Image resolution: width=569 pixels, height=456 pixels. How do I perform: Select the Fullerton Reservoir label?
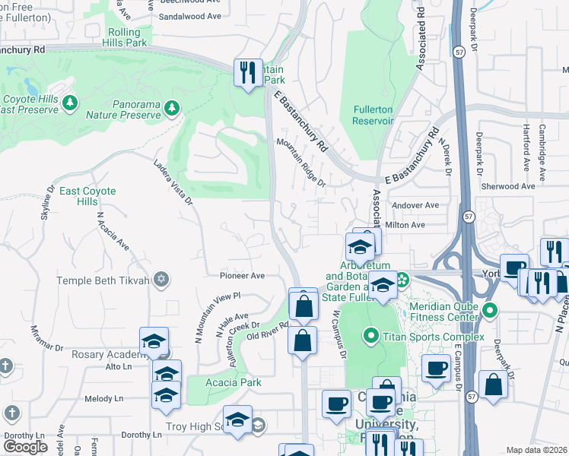[x=373, y=115]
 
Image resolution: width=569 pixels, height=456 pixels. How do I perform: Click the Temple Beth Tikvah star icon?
[x=160, y=280]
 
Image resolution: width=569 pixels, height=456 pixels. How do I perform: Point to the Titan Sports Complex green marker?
[x=371, y=334]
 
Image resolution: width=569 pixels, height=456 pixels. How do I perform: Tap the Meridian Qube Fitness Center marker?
[x=491, y=311]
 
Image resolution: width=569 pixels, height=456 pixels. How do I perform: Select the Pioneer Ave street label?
[x=242, y=276]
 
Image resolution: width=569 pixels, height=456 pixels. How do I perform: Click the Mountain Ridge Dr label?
[x=300, y=162]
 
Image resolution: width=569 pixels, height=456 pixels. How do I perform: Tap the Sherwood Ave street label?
[x=508, y=186]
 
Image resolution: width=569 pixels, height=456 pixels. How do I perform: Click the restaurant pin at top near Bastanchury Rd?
[x=247, y=73]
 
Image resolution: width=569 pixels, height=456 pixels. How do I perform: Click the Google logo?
[x=25, y=447]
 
